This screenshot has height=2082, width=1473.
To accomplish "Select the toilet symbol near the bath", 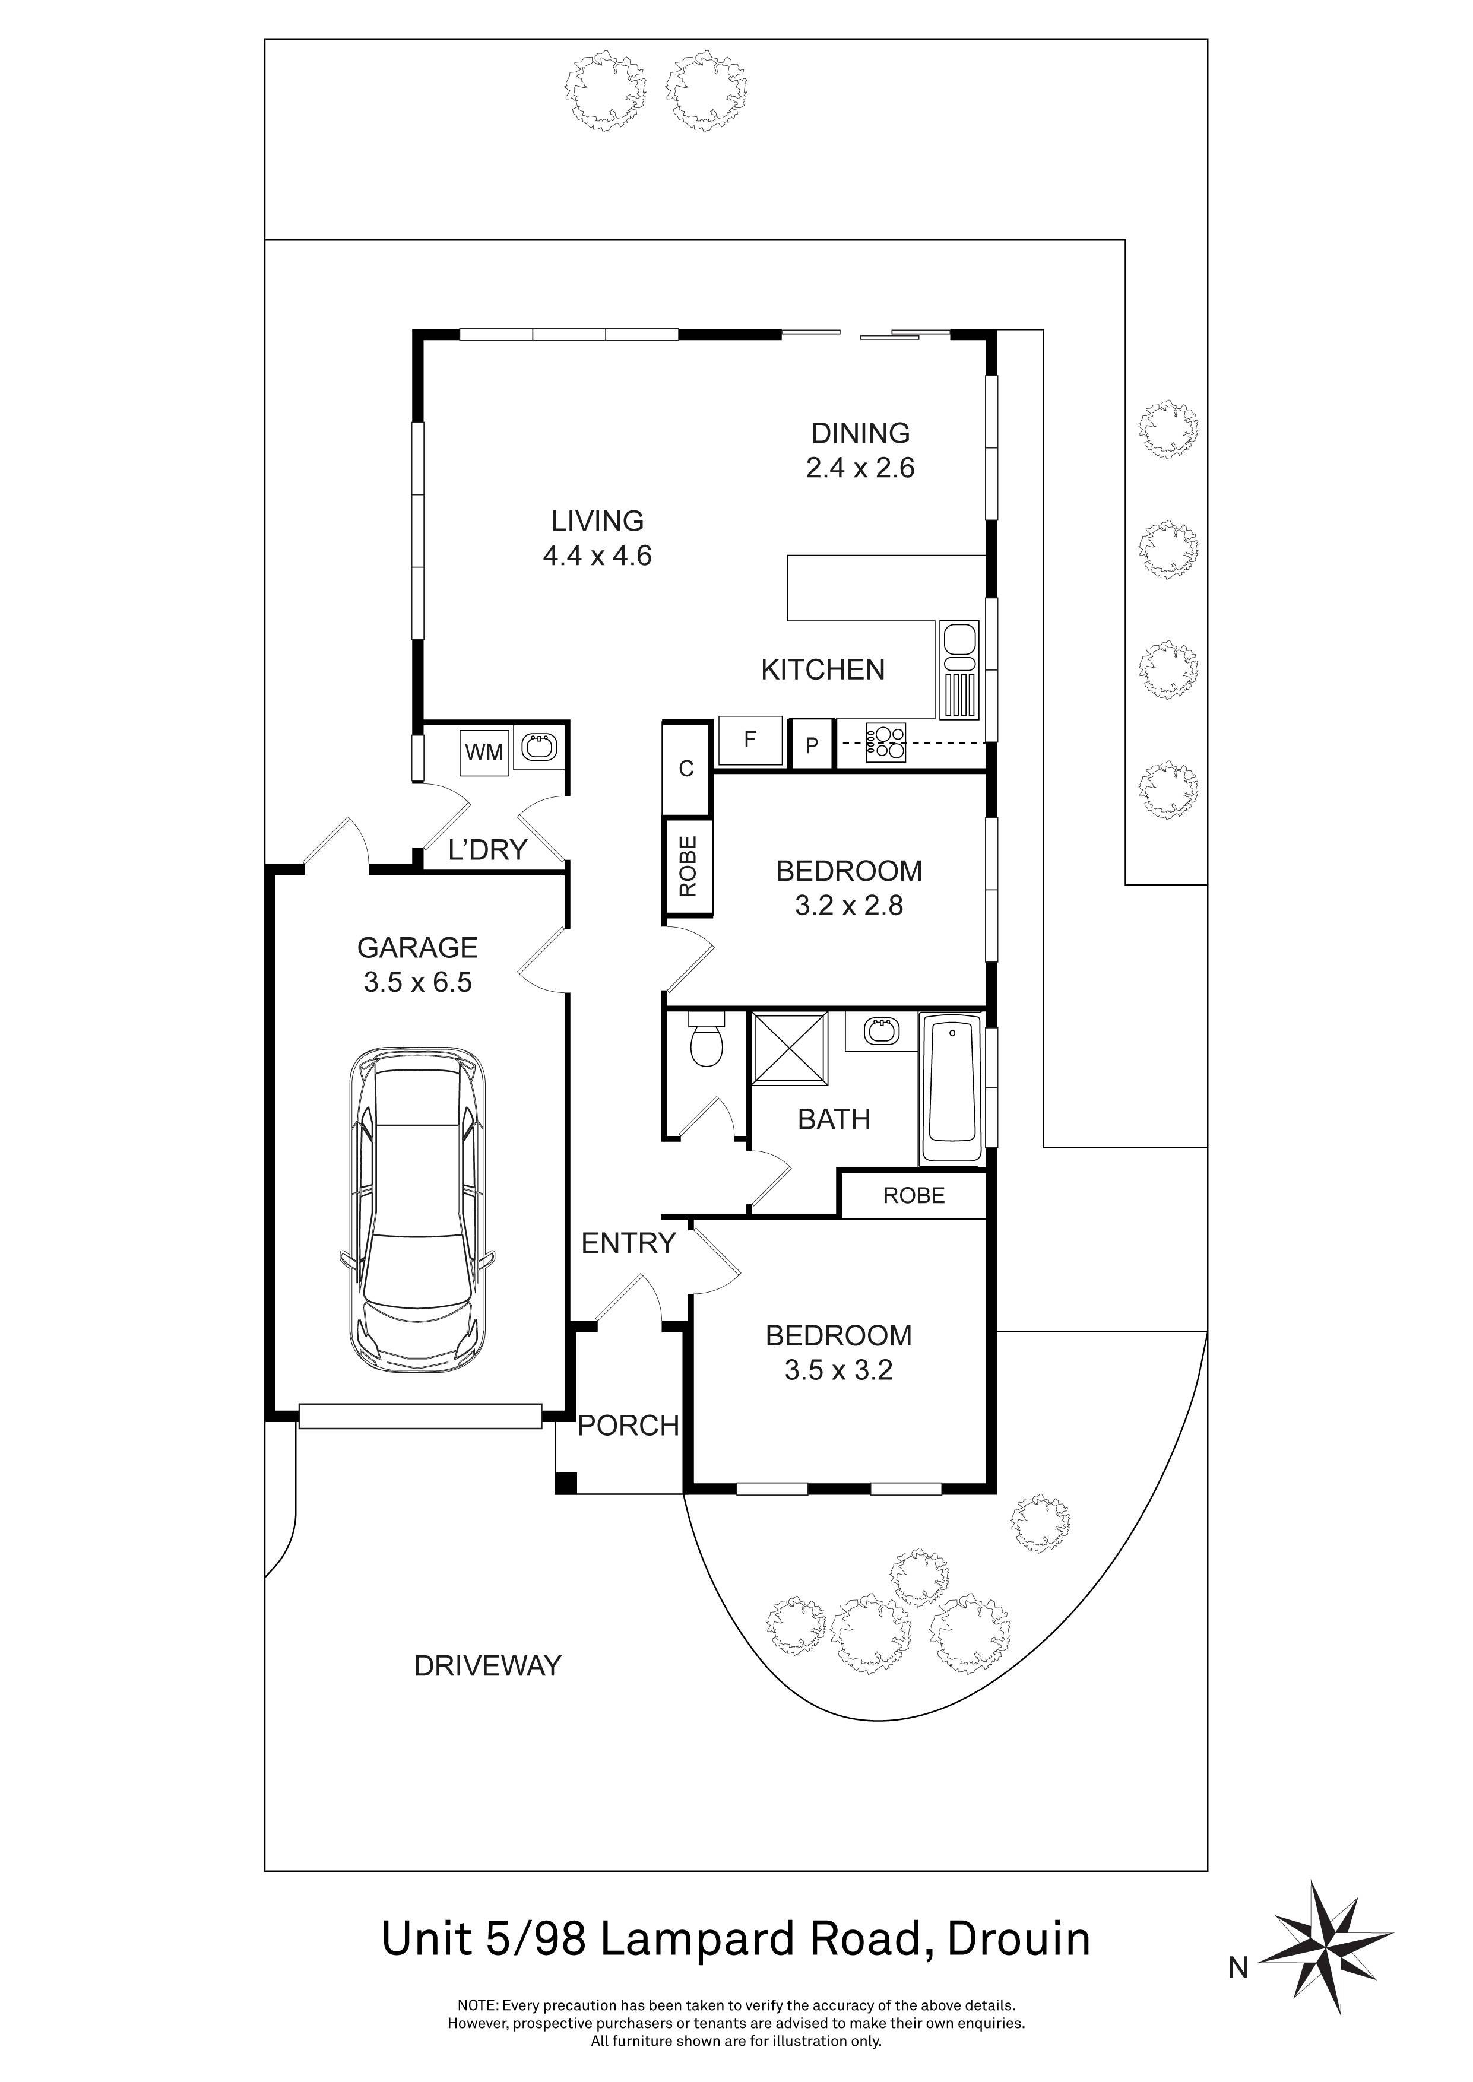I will tap(706, 1044).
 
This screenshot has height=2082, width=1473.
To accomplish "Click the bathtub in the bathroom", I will tap(951, 1088).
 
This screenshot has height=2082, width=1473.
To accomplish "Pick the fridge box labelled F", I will tap(750, 740).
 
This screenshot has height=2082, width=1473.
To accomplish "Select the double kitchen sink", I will tap(959, 669).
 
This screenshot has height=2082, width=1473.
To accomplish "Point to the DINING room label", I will tap(860, 433).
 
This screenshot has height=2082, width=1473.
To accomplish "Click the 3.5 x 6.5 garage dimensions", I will tap(417, 982).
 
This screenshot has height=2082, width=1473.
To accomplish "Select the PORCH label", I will tap(628, 1426).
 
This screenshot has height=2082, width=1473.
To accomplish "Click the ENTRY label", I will tap(628, 1243).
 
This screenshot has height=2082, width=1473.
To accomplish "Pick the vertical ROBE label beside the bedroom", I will tap(688, 866).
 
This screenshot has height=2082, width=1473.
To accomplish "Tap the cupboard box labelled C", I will tap(686, 769).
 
